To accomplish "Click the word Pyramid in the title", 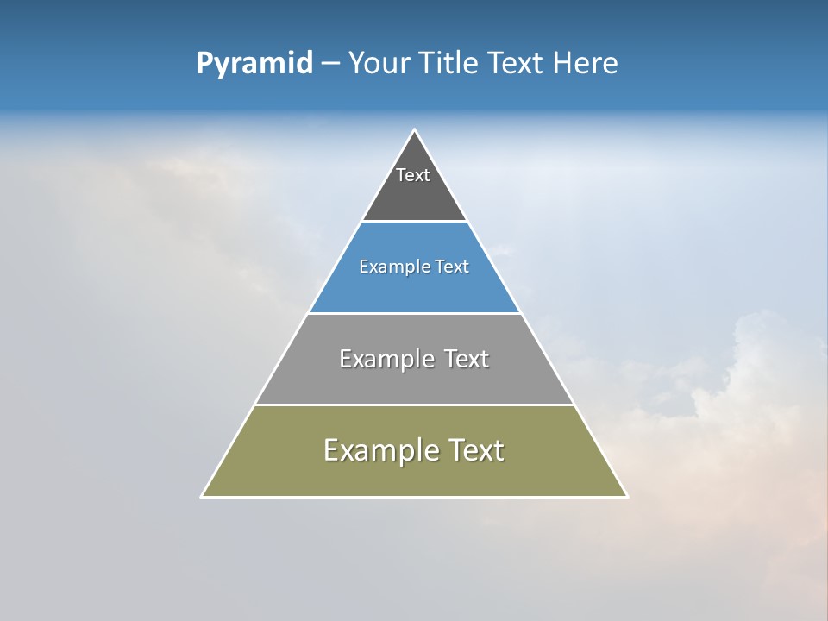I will (x=254, y=64).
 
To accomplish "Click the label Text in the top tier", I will (x=413, y=175).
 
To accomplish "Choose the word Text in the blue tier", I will (x=453, y=267).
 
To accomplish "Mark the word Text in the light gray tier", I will (x=467, y=359).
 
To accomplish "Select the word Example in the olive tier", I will (x=379, y=450).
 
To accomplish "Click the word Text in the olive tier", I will (x=477, y=450).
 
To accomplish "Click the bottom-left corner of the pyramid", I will (x=203, y=496).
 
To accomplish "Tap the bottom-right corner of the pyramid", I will (x=626, y=496).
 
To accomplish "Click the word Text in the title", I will (x=515, y=64).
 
